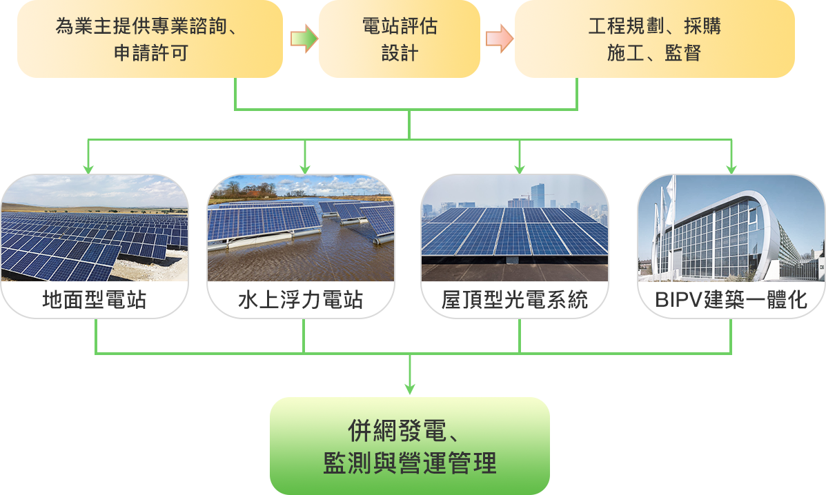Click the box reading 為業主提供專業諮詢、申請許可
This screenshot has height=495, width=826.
coord(150,39)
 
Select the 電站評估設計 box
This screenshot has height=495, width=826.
coord(400,39)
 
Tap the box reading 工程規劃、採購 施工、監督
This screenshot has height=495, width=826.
coord(654,39)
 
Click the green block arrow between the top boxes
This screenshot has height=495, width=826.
coord(304,39)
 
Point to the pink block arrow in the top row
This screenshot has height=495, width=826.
coord(499,39)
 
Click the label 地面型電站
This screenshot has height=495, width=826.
coord(95,300)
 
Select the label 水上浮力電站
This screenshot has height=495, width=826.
coord(301,300)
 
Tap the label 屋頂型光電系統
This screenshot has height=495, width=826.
coord(515,300)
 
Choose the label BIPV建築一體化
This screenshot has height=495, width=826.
coord(731,300)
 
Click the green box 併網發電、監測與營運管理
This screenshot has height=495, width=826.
coord(410,446)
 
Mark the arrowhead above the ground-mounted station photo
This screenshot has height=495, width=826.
coord(88,169)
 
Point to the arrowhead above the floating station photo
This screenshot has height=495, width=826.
coord(304,169)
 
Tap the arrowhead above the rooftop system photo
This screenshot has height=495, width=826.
coord(520,169)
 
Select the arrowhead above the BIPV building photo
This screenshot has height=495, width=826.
coord(731,169)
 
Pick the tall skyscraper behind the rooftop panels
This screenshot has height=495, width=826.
coord(538,195)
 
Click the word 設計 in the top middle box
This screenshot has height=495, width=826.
coord(400,52)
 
